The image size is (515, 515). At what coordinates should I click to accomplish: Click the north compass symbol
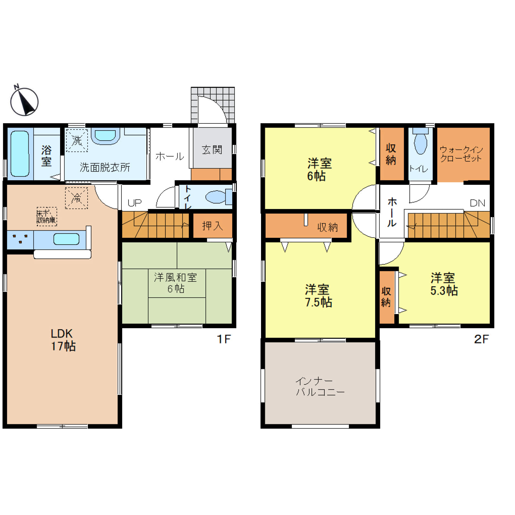point(24,101)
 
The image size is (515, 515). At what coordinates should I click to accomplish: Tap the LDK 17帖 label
point(63,340)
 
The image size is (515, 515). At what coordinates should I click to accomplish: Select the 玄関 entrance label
point(212,150)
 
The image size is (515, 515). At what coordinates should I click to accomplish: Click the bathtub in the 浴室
point(20,154)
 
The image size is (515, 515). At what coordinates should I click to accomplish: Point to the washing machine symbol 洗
point(77,141)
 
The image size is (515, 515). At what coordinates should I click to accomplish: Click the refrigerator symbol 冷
point(77,198)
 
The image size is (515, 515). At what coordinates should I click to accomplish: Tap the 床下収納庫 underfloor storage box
point(47,216)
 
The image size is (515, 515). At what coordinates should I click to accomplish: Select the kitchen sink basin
point(66,239)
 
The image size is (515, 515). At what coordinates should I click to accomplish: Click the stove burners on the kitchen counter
point(20,239)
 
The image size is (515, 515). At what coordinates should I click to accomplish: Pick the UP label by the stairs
point(134,203)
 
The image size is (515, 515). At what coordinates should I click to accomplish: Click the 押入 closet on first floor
point(213,226)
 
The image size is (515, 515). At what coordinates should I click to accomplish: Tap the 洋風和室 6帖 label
point(175,283)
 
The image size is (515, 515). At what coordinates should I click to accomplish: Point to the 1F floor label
point(224,339)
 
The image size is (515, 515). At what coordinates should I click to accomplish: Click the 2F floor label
point(481,339)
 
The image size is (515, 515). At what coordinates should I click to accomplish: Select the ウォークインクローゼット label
point(461,154)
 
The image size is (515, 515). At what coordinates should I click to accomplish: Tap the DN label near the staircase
point(478,203)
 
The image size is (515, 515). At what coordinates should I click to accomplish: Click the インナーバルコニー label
point(320,387)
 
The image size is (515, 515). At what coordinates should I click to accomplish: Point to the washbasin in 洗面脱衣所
point(105,135)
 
